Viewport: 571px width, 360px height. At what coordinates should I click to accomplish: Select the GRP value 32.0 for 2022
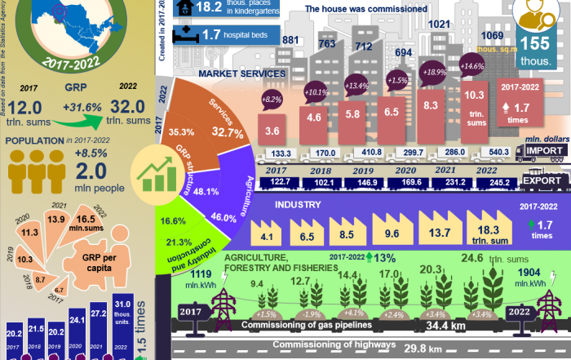pos(130,106)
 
